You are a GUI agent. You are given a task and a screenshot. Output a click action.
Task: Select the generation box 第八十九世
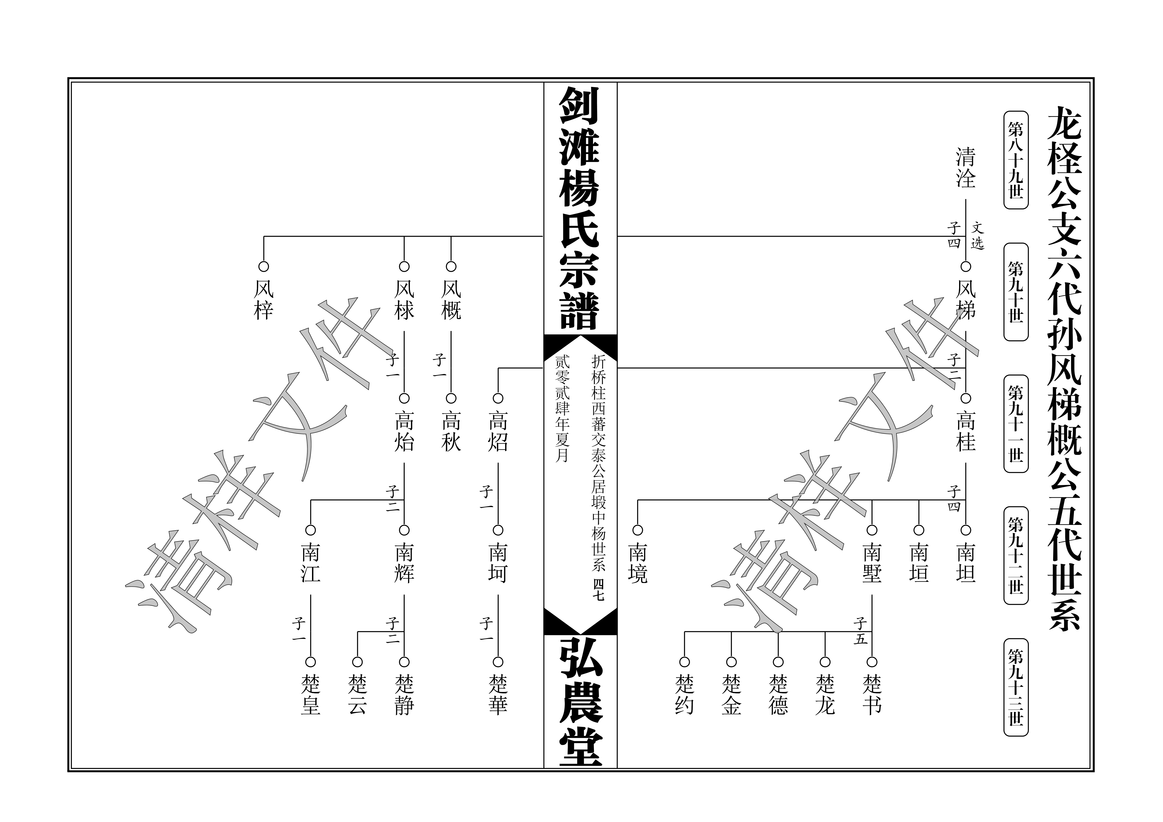coord(1016,160)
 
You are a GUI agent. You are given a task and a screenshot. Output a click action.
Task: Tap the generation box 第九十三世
coord(1016,687)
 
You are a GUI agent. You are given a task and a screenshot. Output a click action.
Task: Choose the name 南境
coord(638,563)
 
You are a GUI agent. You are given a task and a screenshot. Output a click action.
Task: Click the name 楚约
coord(684,695)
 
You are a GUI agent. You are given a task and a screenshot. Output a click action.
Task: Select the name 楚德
coord(778,695)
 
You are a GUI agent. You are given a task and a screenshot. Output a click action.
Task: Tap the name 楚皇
coord(311,695)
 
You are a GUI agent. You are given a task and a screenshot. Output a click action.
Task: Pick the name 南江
coord(311,563)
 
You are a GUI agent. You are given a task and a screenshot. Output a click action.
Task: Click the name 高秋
coord(451,432)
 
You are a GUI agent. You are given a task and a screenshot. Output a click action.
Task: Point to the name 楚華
coord(498,695)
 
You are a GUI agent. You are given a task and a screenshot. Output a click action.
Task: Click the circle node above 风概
coord(451,266)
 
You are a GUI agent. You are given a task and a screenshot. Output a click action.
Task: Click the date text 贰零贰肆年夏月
coord(562,409)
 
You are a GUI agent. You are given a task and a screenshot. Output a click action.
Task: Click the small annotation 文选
coord(977,236)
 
